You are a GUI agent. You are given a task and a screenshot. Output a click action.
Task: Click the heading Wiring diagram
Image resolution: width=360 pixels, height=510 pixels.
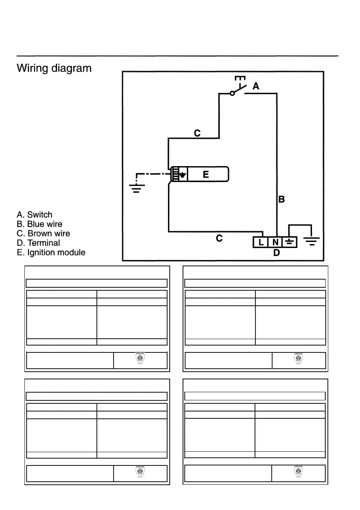54,68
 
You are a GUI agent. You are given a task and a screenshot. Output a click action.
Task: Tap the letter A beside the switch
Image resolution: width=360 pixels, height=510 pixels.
256,86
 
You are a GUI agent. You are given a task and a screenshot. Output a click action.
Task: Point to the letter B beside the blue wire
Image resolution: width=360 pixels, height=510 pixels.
282,199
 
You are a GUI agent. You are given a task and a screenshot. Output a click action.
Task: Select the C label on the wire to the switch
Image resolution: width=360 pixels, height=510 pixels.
197,133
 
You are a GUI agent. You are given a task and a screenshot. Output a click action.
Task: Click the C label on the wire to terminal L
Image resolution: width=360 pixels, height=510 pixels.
219,238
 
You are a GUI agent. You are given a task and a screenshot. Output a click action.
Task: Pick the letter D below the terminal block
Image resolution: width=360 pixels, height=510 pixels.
276,253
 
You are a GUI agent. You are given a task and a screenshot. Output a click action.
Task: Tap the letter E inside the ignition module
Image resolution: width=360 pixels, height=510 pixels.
206,174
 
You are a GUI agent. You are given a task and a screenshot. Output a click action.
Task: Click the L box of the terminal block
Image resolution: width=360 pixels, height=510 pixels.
261,243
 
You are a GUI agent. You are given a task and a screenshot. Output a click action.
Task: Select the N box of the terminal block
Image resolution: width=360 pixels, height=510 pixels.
275,243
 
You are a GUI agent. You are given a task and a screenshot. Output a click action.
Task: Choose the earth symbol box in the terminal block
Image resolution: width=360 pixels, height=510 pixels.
290,243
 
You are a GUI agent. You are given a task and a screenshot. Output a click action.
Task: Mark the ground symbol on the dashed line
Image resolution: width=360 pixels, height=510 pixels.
137,188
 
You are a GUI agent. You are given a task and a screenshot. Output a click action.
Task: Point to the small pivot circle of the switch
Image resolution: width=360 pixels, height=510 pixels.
232,93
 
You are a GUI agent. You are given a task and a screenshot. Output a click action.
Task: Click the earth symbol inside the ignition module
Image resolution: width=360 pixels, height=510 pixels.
183,174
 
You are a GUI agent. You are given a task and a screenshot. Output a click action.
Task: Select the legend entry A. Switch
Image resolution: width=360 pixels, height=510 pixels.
34,215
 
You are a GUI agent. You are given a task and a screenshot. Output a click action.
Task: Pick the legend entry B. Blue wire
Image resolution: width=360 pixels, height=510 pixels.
39,224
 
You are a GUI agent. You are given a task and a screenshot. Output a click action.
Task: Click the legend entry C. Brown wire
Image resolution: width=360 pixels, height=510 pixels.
43,233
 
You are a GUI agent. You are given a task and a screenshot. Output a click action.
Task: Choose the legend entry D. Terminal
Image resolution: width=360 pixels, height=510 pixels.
38,243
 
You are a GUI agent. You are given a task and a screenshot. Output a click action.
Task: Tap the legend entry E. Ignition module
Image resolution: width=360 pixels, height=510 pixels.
51,252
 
